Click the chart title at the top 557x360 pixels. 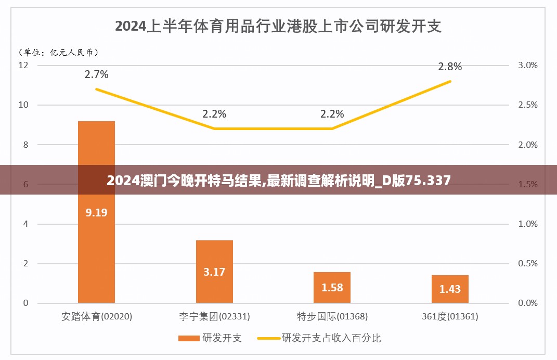[x=278, y=26]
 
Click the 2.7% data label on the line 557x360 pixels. [x=97, y=74]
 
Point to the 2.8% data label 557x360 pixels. [x=450, y=67]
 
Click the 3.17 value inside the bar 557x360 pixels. [x=214, y=272]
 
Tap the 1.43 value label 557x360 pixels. [x=450, y=289]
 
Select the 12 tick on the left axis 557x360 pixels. [x=23, y=65]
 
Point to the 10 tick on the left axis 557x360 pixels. [x=23, y=105]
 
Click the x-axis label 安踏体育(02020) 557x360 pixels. [x=97, y=316]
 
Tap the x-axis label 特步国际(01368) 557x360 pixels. [x=332, y=316]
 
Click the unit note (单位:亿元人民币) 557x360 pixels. [x=58, y=52]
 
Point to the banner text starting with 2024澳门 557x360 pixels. [x=278, y=181]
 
